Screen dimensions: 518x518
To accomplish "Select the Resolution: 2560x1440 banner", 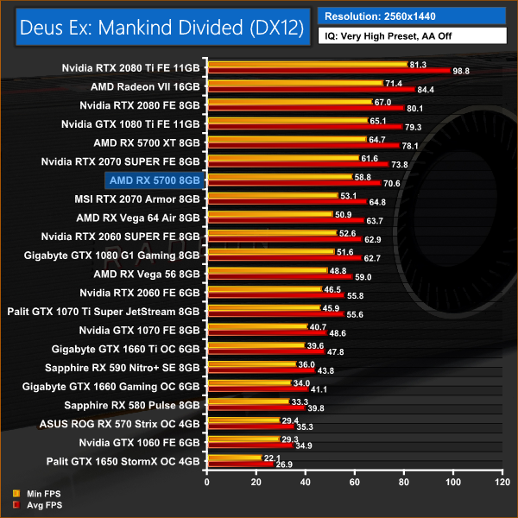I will pyautogui.click(x=411, y=16).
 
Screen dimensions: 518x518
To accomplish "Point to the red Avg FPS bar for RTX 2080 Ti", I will pyautogui.click(x=328, y=71).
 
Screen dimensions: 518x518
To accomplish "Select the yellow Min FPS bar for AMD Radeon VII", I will pyautogui.click(x=294, y=83).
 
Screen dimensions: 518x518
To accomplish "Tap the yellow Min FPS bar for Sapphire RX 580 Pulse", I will pyautogui.click(x=247, y=401).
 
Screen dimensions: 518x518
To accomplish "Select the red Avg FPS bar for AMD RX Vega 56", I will pyautogui.click(x=279, y=277).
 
